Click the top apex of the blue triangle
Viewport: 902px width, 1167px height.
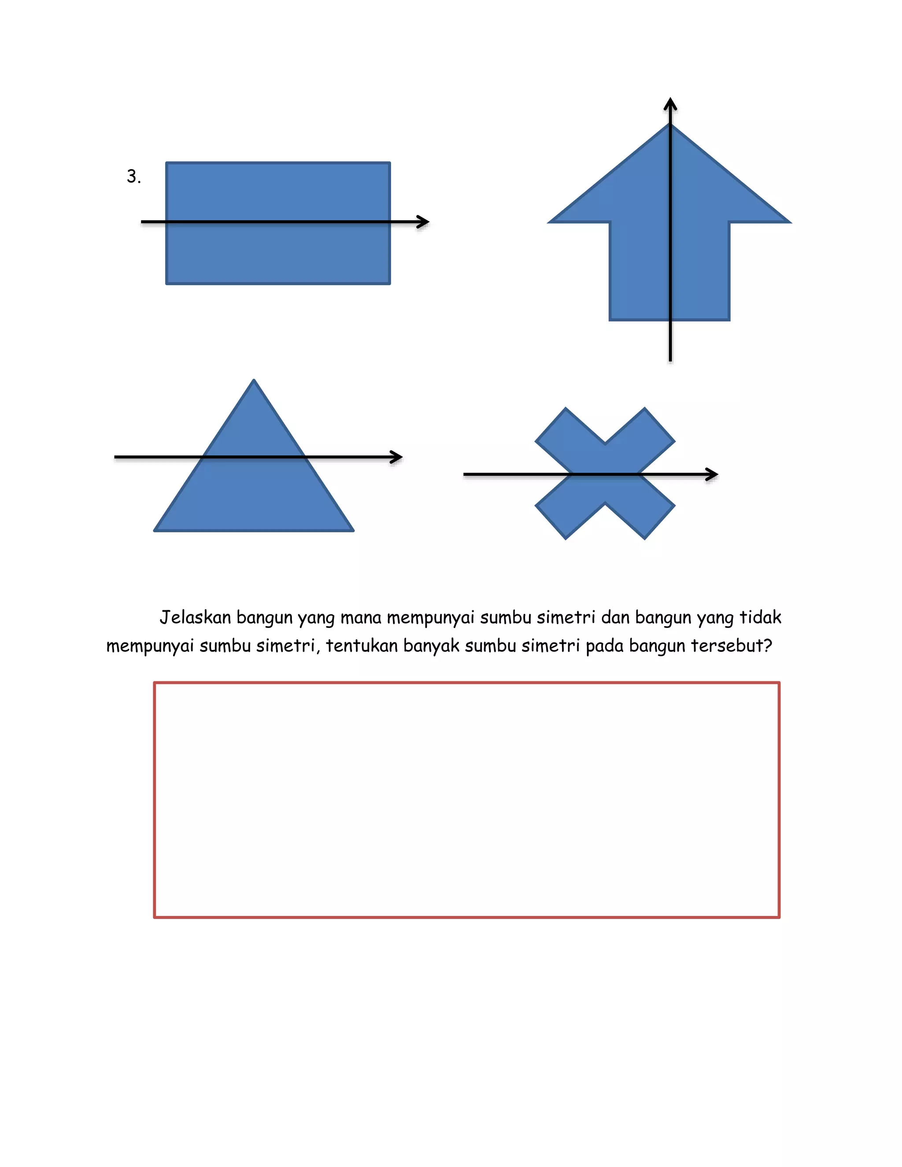254,380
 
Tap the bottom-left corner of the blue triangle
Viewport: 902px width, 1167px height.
155,530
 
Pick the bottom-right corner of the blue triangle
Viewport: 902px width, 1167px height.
352,530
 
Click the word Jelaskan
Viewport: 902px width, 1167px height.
195,618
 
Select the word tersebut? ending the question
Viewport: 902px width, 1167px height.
732,646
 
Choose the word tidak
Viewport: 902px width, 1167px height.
760,618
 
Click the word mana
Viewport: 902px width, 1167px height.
361,618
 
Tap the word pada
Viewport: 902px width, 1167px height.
604,646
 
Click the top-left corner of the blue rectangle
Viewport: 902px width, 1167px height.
167,163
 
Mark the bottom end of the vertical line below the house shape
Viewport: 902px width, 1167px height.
670,361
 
